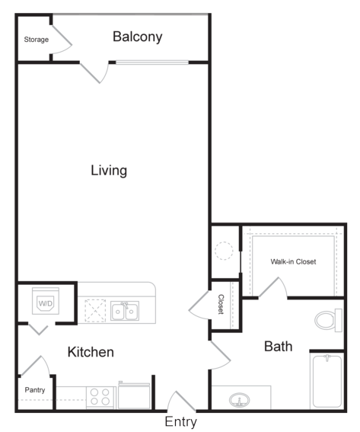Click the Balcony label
pos(137,37)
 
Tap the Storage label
pos(37,40)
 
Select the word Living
pos(109,171)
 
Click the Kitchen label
pos(91,352)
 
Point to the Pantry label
pos(35,390)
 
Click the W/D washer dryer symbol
pos(46,301)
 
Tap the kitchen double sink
pos(125,311)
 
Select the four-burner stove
pos(100,397)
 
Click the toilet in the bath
pos(328,321)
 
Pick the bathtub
pos(327,381)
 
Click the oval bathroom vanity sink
pos(240,400)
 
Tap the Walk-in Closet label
pos(293,261)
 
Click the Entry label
pos(181,422)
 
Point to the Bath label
pos(279,347)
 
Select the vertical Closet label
pos(221,304)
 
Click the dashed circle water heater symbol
pos(224,251)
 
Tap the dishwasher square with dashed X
pos(95,311)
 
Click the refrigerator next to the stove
pos(134,395)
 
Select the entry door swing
pos(183,401)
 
